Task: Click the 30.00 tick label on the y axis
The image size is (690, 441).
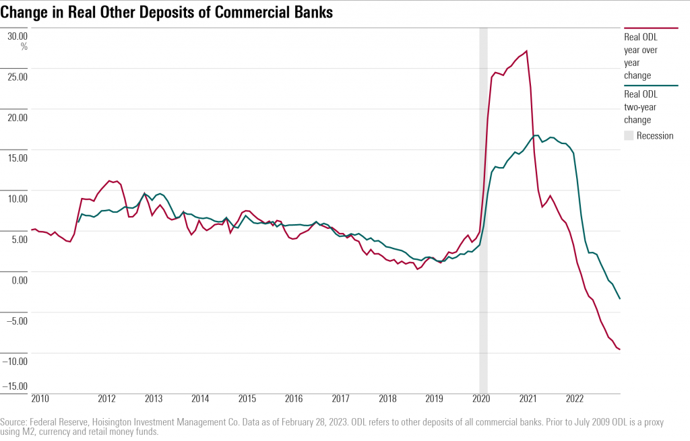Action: (18, 36)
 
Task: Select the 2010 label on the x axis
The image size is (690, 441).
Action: (40, 399)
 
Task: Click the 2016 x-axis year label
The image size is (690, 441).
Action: (293, 399)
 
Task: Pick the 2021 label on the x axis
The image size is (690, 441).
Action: (528, 399)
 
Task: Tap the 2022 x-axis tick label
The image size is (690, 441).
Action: (574, 399)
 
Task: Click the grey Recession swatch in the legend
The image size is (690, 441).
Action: (629, 135)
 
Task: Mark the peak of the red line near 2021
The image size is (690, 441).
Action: (526, 51)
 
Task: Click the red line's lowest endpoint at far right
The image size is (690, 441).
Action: (620, 349)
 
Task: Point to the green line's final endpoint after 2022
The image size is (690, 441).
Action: (620, 299)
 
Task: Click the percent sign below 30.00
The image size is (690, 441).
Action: (24, 46)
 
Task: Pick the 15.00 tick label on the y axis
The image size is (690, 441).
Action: (18, 158)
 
